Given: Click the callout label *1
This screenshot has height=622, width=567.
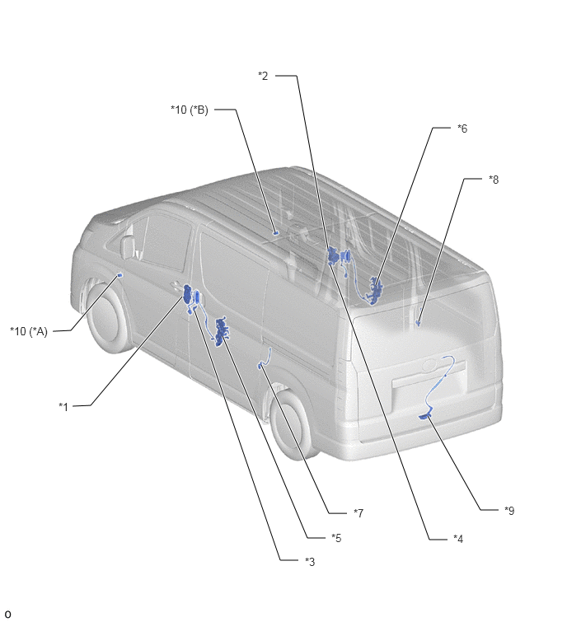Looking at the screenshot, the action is point(63,407).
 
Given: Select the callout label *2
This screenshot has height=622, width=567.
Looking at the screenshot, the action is point(263,76).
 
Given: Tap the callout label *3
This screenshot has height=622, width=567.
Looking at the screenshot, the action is point(310,562).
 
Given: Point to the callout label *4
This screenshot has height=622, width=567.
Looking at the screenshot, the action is point(458,539).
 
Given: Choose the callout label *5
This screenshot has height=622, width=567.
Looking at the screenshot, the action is point(336,538).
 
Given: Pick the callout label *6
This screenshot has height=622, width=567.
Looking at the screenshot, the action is point(462,129).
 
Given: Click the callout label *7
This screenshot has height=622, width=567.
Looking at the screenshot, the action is point(358,513).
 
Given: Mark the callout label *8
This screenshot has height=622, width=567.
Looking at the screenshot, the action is point(494,180).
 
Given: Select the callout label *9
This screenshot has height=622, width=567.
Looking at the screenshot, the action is point(509,511).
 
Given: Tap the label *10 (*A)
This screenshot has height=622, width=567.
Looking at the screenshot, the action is point(29,331).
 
